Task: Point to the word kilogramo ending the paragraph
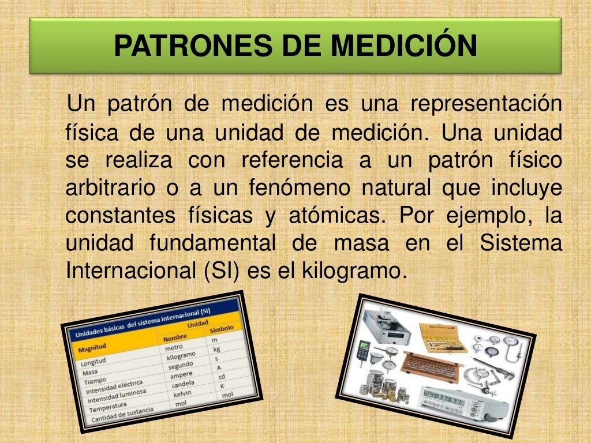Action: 350,270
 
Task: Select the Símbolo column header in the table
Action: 221,329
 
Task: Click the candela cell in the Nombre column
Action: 184,385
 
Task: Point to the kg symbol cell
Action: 217,349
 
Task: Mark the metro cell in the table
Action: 173,348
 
